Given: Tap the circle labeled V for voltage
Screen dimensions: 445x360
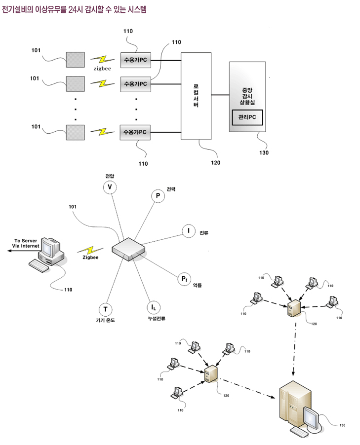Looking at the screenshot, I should (109, 187).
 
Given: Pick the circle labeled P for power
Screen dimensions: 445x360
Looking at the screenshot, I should (158, 196).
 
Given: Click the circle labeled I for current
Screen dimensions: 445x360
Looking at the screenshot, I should (188, 231).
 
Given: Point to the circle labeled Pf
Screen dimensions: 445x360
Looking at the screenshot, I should (183, 279).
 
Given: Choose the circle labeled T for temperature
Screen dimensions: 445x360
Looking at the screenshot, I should (105, 309).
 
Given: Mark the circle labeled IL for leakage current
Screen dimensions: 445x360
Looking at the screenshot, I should (153, 308).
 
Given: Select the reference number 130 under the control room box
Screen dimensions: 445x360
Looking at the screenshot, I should (264, 153).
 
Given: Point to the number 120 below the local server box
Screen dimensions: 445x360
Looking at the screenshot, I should (215, 162).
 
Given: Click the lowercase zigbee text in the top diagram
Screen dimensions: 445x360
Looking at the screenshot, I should (102, 69).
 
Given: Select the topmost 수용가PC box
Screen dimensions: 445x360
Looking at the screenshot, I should (135, 60).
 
